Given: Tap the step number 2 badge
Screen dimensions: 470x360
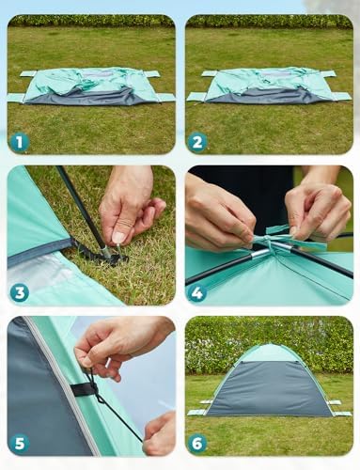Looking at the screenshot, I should tap(198, 142).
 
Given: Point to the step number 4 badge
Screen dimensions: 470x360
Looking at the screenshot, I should tap(198, 292).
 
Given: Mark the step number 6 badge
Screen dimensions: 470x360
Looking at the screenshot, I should tap(198, 442).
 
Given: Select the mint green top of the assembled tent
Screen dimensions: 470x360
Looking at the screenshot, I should tap(271, 355).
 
